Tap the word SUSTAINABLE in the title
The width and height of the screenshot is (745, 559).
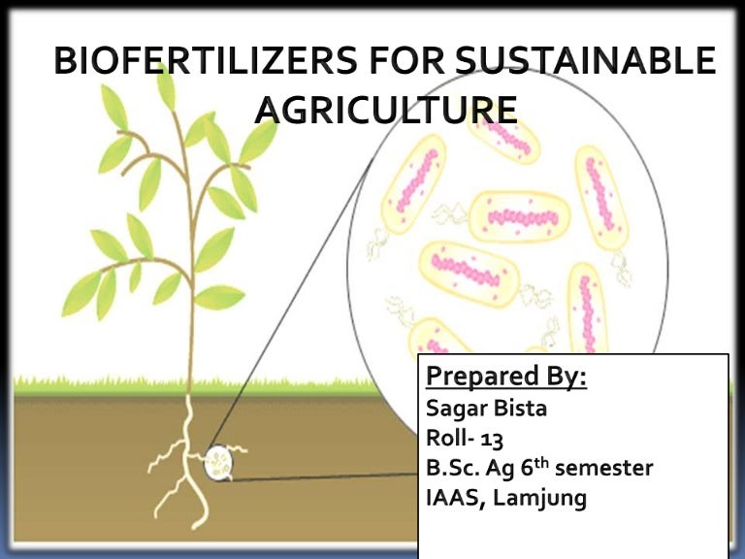[x=586, y=62]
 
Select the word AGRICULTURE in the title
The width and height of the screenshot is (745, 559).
[x=385, y=111]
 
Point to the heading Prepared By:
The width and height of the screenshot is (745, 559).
[x=506, y=376]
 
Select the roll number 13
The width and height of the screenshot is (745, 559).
[x=491, y=439]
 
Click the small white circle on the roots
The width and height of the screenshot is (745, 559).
[x=218, y=463]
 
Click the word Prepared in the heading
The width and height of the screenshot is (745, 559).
[x=478, y=376]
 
